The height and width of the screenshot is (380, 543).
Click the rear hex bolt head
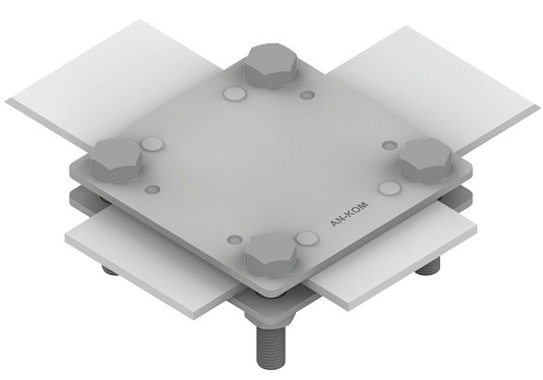[271, 65]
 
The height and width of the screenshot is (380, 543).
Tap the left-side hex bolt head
[116, 160]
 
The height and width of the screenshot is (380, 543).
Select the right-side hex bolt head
[425, 160]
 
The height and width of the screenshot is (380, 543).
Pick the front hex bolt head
[271, 255]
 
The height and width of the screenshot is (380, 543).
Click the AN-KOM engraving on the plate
[349, 213]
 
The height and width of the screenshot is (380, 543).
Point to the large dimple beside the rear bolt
[234, 93]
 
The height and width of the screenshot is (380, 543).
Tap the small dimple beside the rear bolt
[307, 95]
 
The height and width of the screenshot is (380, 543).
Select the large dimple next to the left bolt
[153, 144]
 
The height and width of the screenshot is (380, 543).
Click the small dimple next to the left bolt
[152, 190]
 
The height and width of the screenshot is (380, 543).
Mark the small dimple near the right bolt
[390, 145]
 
